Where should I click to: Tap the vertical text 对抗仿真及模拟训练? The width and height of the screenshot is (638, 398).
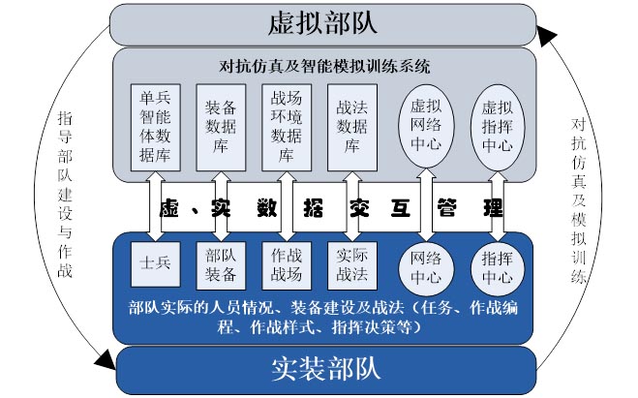click(x=578, y=199)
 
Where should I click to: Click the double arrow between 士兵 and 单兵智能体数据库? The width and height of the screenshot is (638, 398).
click(x=155, y=205)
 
